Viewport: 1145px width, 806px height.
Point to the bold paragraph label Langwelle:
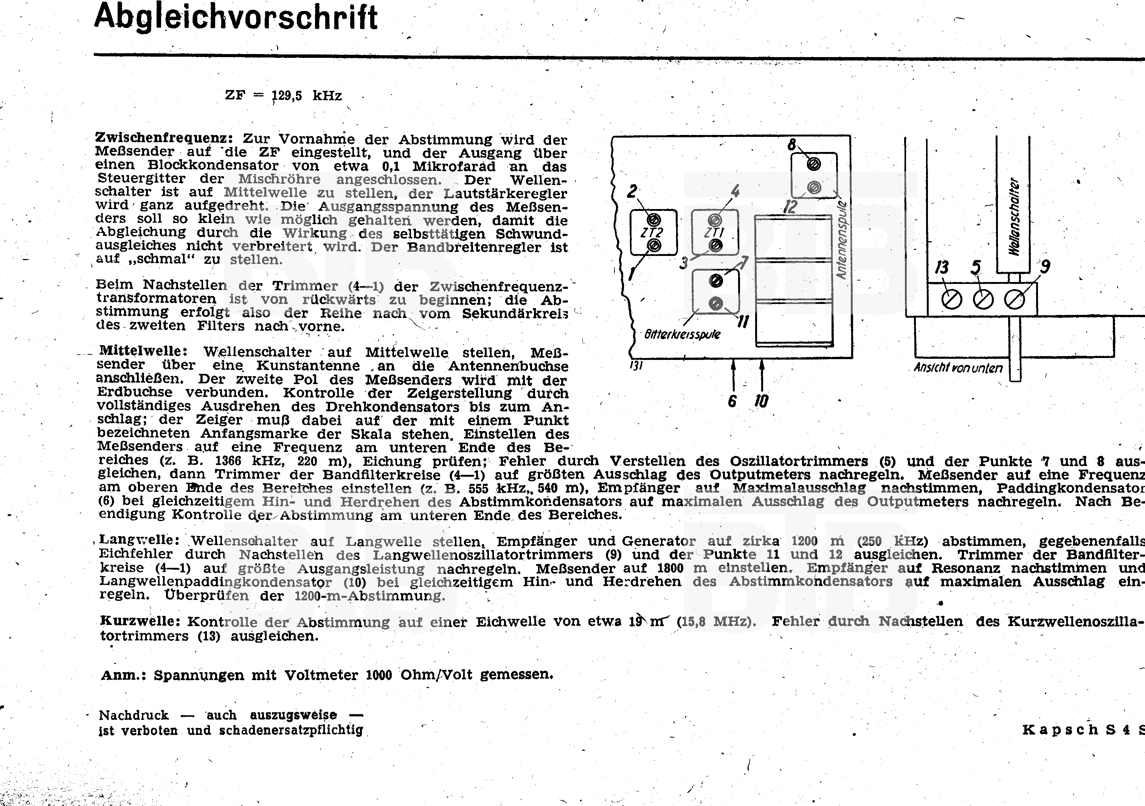click(x=139, y=540)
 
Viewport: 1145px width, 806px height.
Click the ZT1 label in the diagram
click(x=714, y=232)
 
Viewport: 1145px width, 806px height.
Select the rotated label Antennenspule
click(x=842, y=240)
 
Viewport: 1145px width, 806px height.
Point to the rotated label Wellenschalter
click(x=1014, y=217)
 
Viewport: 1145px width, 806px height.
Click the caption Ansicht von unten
click(x=957, y=368)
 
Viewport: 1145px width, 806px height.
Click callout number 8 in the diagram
click(x=792, y=144)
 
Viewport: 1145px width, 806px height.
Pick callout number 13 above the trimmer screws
click(x=942, y=267)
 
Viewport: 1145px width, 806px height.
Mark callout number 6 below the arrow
click(x=732, y=401)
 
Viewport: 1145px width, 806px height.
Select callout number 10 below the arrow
click(x=762, y=401)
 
